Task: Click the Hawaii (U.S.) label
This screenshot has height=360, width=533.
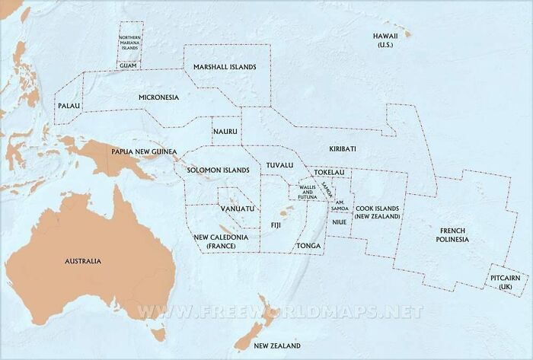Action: click(385, 41)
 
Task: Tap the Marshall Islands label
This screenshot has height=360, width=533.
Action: click(225, 67)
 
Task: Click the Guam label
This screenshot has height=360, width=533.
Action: click(128, 65)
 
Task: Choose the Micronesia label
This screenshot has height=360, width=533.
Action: click(158, 97)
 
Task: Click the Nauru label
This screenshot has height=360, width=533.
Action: click(225, 131)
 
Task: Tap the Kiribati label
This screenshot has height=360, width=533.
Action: click(343, 148)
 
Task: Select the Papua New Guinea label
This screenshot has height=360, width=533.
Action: click(139, 151)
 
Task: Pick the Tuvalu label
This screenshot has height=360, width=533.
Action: click(279, 165)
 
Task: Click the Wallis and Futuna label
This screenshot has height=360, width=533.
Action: click(307, 191)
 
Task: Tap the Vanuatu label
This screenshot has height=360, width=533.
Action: click(237, 208)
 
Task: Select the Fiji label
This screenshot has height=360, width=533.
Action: click(276, 225)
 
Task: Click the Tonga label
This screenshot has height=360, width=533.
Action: click(308, 246)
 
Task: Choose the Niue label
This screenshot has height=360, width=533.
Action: click(340, 221)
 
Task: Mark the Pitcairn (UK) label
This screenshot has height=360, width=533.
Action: click(506, 282)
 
